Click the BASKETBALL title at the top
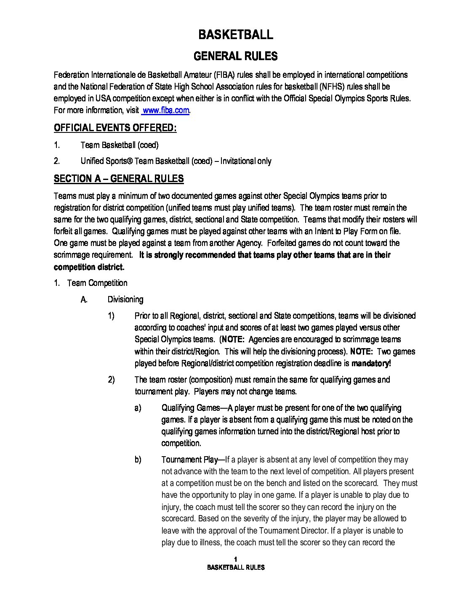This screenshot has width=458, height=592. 235,34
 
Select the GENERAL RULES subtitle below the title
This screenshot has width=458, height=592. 235,56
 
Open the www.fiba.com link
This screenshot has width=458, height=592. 166,110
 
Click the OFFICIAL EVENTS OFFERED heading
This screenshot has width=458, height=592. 115,128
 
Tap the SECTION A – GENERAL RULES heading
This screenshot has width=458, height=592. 119,179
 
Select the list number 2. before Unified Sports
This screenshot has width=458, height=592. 57,161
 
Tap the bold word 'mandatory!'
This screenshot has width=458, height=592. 371,363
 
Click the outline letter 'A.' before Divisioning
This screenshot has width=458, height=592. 84,299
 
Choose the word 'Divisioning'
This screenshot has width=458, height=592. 125,299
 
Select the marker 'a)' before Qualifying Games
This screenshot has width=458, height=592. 138,408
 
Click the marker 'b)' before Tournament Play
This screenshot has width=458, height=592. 138,460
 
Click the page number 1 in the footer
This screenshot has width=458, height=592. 236,559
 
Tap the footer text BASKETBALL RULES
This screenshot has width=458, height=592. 236,567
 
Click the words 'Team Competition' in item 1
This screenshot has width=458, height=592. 97,283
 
